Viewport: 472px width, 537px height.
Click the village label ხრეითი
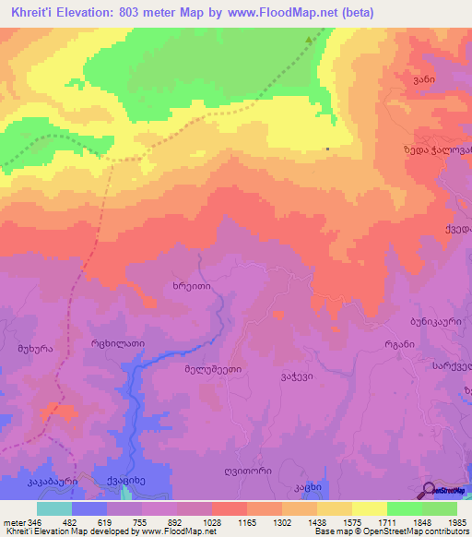click(192, 287)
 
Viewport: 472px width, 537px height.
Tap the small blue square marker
click(327, 148)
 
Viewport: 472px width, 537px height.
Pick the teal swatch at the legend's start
click(54, 508)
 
